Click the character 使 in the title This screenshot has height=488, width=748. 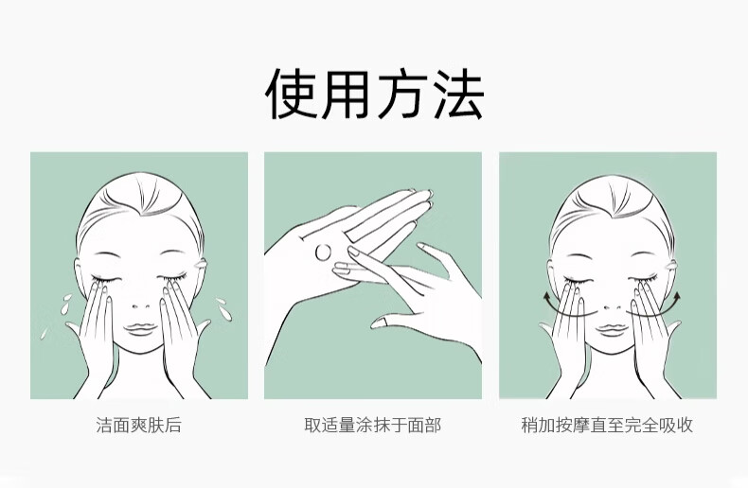point(292,94)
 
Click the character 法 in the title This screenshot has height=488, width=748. point(459,94)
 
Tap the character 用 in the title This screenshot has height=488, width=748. point(347,94)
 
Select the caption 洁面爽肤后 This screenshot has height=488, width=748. point(139,425)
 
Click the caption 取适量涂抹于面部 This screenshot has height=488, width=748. point(373,425)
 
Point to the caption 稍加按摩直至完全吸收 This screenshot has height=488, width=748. point(607,425)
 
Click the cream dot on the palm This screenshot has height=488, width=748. point(323,252)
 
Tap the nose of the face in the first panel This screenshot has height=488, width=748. point(140,305)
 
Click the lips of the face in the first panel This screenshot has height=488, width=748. point(140,329)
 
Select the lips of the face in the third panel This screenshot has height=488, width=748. point(613,329)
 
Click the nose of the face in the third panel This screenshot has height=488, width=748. point(613,306)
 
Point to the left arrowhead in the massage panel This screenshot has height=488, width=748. point(546,298)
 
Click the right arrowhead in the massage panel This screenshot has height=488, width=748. point(676,298)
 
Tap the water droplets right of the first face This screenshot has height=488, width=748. point(223,309)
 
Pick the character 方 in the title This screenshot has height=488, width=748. point(401,94)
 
